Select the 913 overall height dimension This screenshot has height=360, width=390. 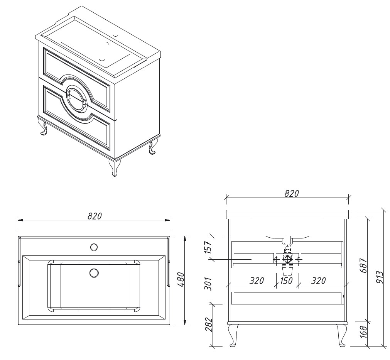[380, 278]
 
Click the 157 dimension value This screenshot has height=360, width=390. [208, 247]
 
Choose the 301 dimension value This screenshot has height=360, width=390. [208, 284]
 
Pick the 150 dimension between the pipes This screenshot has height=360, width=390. [286, 281]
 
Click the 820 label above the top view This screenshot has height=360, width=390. [95, 216]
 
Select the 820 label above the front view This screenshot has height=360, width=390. [292, 193]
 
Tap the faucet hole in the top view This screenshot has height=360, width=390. [94, 247]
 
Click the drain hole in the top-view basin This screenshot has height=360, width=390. [94, 273]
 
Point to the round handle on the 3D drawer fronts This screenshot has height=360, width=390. [77, 99]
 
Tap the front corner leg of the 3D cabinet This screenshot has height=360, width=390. [115, 168]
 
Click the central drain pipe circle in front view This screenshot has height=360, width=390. [287, 260]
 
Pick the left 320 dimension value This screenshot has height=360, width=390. [257, 281]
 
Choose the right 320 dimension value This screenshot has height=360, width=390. [318, 281]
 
